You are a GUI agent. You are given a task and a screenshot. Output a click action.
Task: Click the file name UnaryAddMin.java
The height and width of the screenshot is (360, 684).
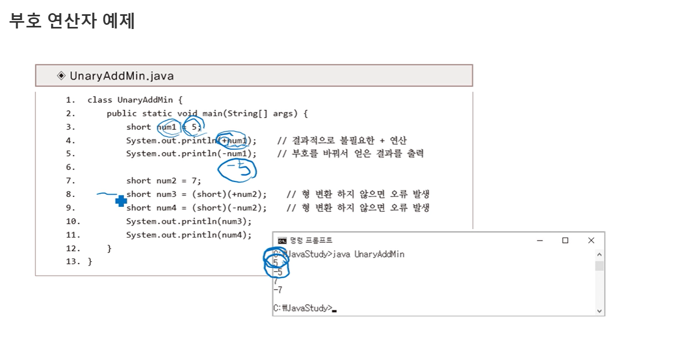coord(121,76)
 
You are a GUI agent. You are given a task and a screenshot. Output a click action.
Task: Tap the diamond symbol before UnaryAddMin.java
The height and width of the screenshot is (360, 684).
coord(61,76)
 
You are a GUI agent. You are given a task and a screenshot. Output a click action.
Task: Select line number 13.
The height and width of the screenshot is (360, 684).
coord(73,262)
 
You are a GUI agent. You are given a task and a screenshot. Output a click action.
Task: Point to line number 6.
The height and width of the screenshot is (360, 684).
coord(71,167)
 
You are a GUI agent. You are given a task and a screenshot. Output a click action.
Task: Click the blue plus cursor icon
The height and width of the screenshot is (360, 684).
coord(121,201)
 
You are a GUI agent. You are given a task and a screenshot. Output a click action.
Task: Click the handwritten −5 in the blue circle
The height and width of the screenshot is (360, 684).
coord(237,169)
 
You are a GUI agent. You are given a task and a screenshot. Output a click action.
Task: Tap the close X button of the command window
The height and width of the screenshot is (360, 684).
coord(591,241)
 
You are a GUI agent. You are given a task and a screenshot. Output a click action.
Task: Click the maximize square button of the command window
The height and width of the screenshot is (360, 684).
coord(565,241)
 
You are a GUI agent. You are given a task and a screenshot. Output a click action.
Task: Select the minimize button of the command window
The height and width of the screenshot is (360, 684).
coord(540,241)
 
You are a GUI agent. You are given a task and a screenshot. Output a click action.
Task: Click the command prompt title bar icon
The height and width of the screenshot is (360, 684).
coord(283,241)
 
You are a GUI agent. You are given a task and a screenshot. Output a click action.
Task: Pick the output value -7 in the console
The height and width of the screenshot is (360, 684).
coord(278,290)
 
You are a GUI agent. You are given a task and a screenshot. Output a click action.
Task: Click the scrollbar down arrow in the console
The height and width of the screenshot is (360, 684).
coord(599,311)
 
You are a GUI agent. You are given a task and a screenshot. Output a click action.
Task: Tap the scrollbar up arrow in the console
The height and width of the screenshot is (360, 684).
coord(599,254)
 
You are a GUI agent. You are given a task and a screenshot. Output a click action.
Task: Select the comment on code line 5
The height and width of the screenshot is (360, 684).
coord(351,154)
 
